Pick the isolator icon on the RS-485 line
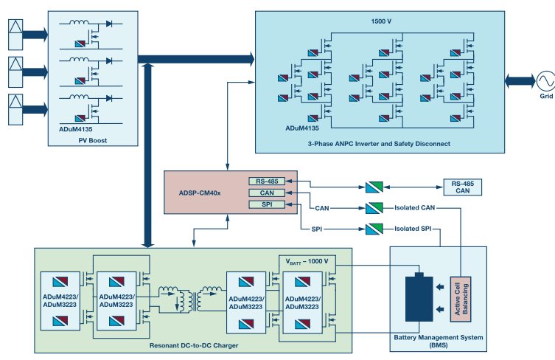click(x=373, y=188)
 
